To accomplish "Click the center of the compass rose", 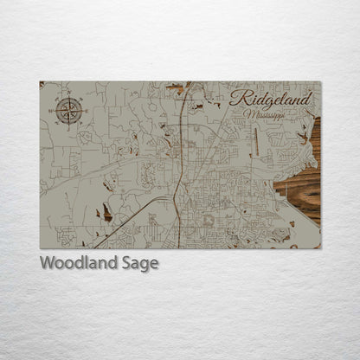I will [69, 111].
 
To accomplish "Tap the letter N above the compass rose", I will [69, 98].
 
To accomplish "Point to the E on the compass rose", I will [82, 111].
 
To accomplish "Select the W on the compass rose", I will [56, 111].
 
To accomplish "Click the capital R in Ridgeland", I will [239, 97].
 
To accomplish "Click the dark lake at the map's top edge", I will [176, 87].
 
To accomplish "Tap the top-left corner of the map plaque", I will [40, 81].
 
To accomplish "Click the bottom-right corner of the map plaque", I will [321, 248].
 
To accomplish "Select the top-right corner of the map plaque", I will [321, 81].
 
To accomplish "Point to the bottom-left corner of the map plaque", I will [40, 248].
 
